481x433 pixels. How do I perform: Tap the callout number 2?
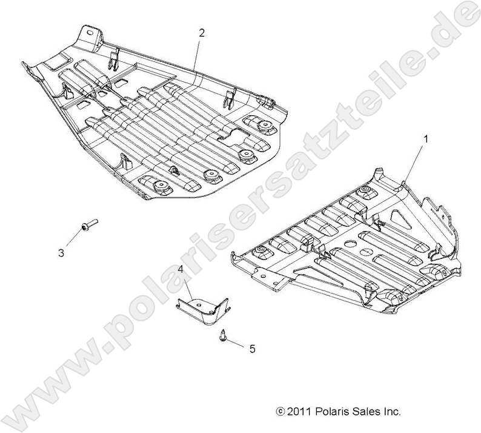(x=202, y=33)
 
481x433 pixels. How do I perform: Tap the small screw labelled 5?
(x=224, y=334)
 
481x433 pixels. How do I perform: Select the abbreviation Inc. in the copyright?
(x=391, y=411)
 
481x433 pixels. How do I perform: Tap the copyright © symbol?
(x=279, y=412)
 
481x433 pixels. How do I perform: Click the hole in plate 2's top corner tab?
(x=93, y=33)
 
